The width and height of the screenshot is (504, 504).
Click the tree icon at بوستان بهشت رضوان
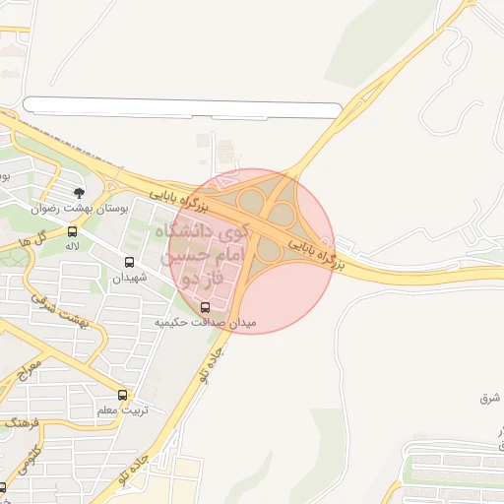79,192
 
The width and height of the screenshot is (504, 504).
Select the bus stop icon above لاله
72,232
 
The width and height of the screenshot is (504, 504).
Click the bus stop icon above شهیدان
129,262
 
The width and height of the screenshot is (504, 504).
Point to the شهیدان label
129,278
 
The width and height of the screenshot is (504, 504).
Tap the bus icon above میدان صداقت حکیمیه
205,306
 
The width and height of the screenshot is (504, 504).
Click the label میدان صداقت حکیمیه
205,322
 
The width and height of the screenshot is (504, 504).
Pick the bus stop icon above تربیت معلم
122,395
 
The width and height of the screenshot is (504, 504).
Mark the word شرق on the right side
490,398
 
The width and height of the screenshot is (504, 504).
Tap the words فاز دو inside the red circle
201,282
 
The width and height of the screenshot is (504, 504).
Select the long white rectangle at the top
182,107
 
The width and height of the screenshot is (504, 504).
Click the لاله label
72,247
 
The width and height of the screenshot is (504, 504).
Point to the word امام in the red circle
218,259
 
